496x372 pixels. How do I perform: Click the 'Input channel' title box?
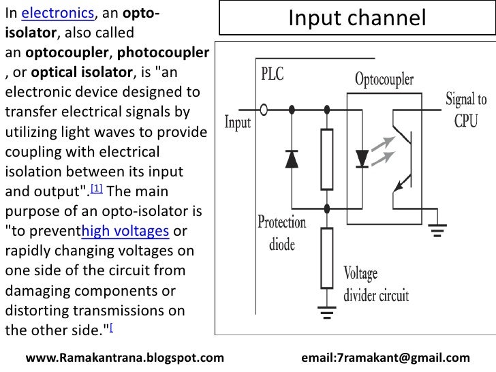357,18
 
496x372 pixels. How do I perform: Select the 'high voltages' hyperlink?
125,232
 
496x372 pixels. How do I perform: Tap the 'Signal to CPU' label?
466,110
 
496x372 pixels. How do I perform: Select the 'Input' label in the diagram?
238,123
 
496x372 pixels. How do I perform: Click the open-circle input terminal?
263,108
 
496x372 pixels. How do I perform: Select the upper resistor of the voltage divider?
328,158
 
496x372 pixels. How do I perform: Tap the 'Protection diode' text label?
281,232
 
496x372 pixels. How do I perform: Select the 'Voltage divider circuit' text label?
375,284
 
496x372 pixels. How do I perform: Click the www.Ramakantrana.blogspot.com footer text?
125,358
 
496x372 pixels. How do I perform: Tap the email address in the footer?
385,358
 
